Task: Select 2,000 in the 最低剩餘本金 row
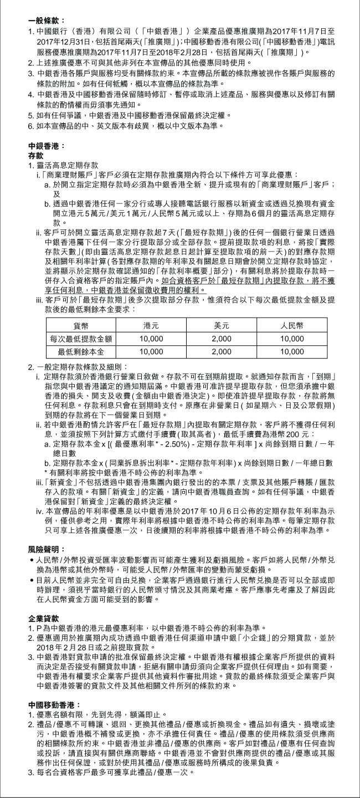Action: (222, 351)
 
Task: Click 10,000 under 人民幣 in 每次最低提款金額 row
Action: (292, 339)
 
